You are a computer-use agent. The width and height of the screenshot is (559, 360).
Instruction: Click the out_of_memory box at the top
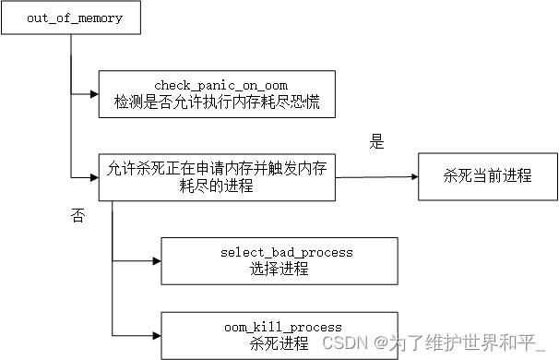click(x=71, y=18)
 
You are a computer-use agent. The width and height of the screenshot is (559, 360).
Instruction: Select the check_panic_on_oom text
click(x=215, y=86)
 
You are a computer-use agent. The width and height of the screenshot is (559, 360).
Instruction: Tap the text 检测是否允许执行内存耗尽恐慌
click(x=215, y=102)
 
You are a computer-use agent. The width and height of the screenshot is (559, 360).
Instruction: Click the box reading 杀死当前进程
click(x=488, y=174)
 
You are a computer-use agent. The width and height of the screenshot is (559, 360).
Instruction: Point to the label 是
click(x=376, y=142)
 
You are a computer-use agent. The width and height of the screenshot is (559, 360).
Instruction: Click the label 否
click(x=77, y=216)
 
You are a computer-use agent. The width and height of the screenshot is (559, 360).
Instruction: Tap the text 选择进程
click(x=279, y=269)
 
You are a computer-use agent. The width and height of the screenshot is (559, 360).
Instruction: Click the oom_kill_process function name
click(x=282, y=327)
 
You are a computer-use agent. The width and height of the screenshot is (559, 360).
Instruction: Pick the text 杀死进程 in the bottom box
click(x=279, y=343)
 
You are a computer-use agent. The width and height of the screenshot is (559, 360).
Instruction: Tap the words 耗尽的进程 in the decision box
click(x=215, y=185)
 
